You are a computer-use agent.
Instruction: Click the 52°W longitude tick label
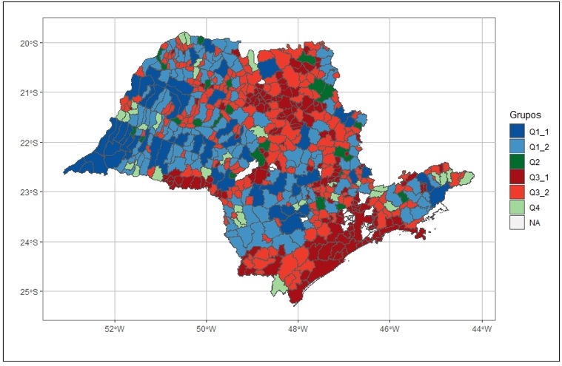(x=114, y=329)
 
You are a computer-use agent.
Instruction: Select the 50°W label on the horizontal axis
(x=206, y=329)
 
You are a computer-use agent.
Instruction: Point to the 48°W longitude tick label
(x=298, y=329)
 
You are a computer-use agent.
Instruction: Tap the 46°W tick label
(x=389, y=329)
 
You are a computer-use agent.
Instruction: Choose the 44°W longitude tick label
(x=481, y=329)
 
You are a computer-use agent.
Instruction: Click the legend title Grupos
(x=524, y=116)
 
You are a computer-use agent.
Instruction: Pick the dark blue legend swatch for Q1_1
(x=517, y=130)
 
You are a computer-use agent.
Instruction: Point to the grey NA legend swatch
(x=517, y=223)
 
